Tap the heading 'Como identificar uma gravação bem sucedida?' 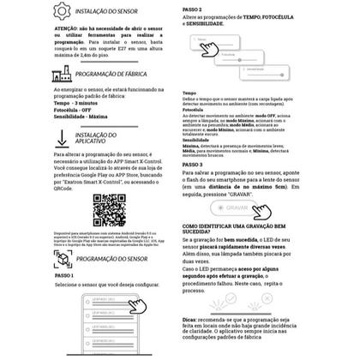point(239,229)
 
